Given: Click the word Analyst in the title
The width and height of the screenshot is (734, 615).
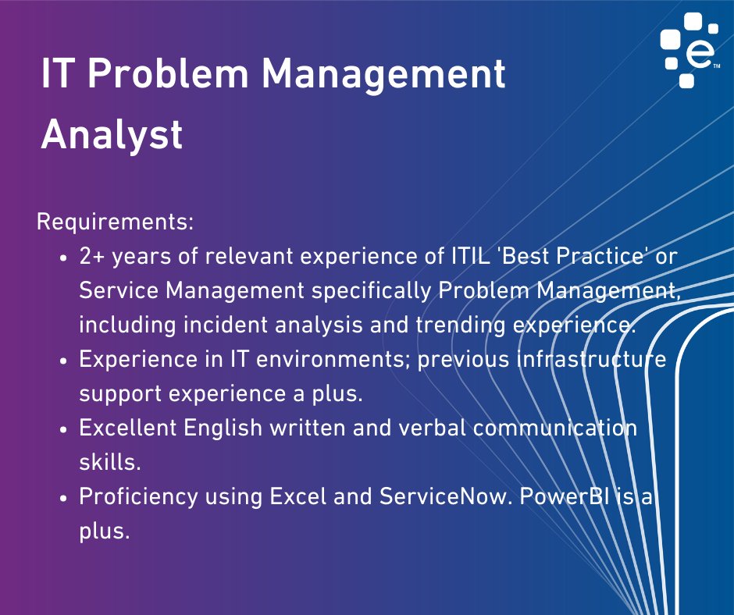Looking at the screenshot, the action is pos(112,135).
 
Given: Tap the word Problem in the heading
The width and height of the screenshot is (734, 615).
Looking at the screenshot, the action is pos(168,73).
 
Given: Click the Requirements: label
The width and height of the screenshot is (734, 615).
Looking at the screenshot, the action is pos(115,222).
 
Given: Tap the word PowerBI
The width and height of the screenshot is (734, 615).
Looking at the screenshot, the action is pos(565,496).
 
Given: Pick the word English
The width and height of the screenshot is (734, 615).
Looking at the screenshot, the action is pos(223,428).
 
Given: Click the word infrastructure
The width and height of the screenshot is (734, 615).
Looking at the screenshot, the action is pos(592,359).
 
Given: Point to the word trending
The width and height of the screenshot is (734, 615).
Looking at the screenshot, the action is pos(461,325).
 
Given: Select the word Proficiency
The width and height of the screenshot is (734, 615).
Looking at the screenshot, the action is pos(138,497).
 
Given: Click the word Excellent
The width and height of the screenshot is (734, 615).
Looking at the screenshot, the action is pos(128,428).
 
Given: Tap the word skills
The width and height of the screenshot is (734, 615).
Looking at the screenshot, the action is pos(110,462).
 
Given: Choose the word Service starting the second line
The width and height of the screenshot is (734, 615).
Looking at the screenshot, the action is pos(119,290).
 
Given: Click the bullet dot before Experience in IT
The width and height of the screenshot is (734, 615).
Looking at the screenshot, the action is pos(64,361).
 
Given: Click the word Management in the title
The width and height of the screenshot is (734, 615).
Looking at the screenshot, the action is pos(383,75).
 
